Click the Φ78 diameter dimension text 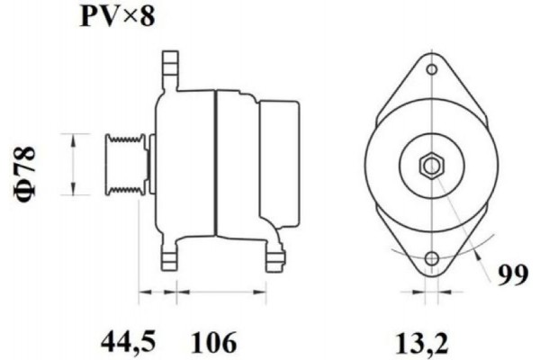tap(28, 164)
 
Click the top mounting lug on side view tap(169, 68)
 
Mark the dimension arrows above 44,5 tap(157, 292)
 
